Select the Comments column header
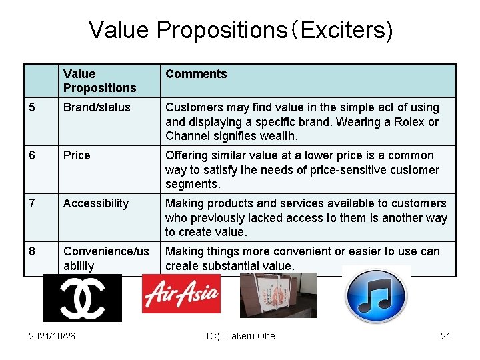(x=196, y=74)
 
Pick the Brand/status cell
(x=97, y=107)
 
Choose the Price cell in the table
(x=77, y=155)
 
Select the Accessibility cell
(x=96, y=203)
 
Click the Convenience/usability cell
(x=106, y=258)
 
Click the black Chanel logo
(x=83, y=298)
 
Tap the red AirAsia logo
(x=181, y=294)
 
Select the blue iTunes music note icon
(x=376, y=295)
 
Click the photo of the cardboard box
(x=278, y=295)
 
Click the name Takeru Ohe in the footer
(x=250, y=336)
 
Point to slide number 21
(x=446, y=336)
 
